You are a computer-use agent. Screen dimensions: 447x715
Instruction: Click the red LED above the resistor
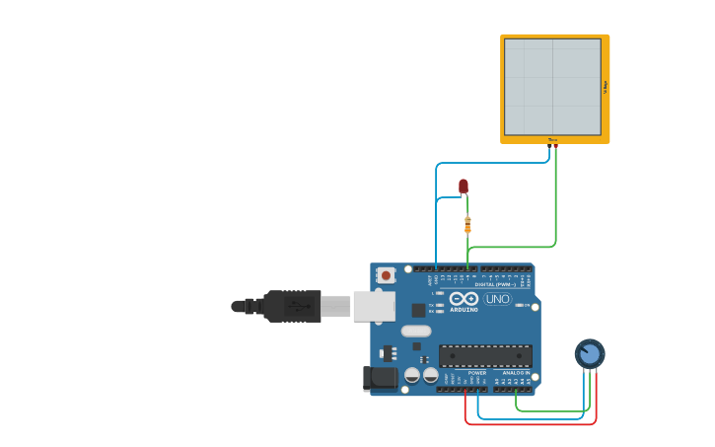click(464, 186)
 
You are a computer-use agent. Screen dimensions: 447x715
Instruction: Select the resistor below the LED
click(467, 224)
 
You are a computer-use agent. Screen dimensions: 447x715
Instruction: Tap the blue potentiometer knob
click(589, 353)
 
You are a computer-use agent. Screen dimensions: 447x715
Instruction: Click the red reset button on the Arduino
click(386, 275)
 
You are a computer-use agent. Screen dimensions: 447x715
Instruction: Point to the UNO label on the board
click(497, 299)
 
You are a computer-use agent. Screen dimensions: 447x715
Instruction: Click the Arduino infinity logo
click(464, 298)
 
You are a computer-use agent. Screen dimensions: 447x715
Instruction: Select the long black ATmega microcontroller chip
click(485, 356)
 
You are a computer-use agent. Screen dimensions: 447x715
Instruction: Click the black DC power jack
click(379, 378)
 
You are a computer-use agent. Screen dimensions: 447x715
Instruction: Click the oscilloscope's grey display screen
click(552, 87)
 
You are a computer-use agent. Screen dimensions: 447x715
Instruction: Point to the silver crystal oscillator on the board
click(416, 331)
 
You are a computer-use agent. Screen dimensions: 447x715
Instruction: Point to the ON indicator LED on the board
click(519, 305)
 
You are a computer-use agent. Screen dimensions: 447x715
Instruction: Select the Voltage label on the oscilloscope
click(605, 87)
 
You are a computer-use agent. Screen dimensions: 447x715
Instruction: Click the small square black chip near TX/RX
click(419, 310)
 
